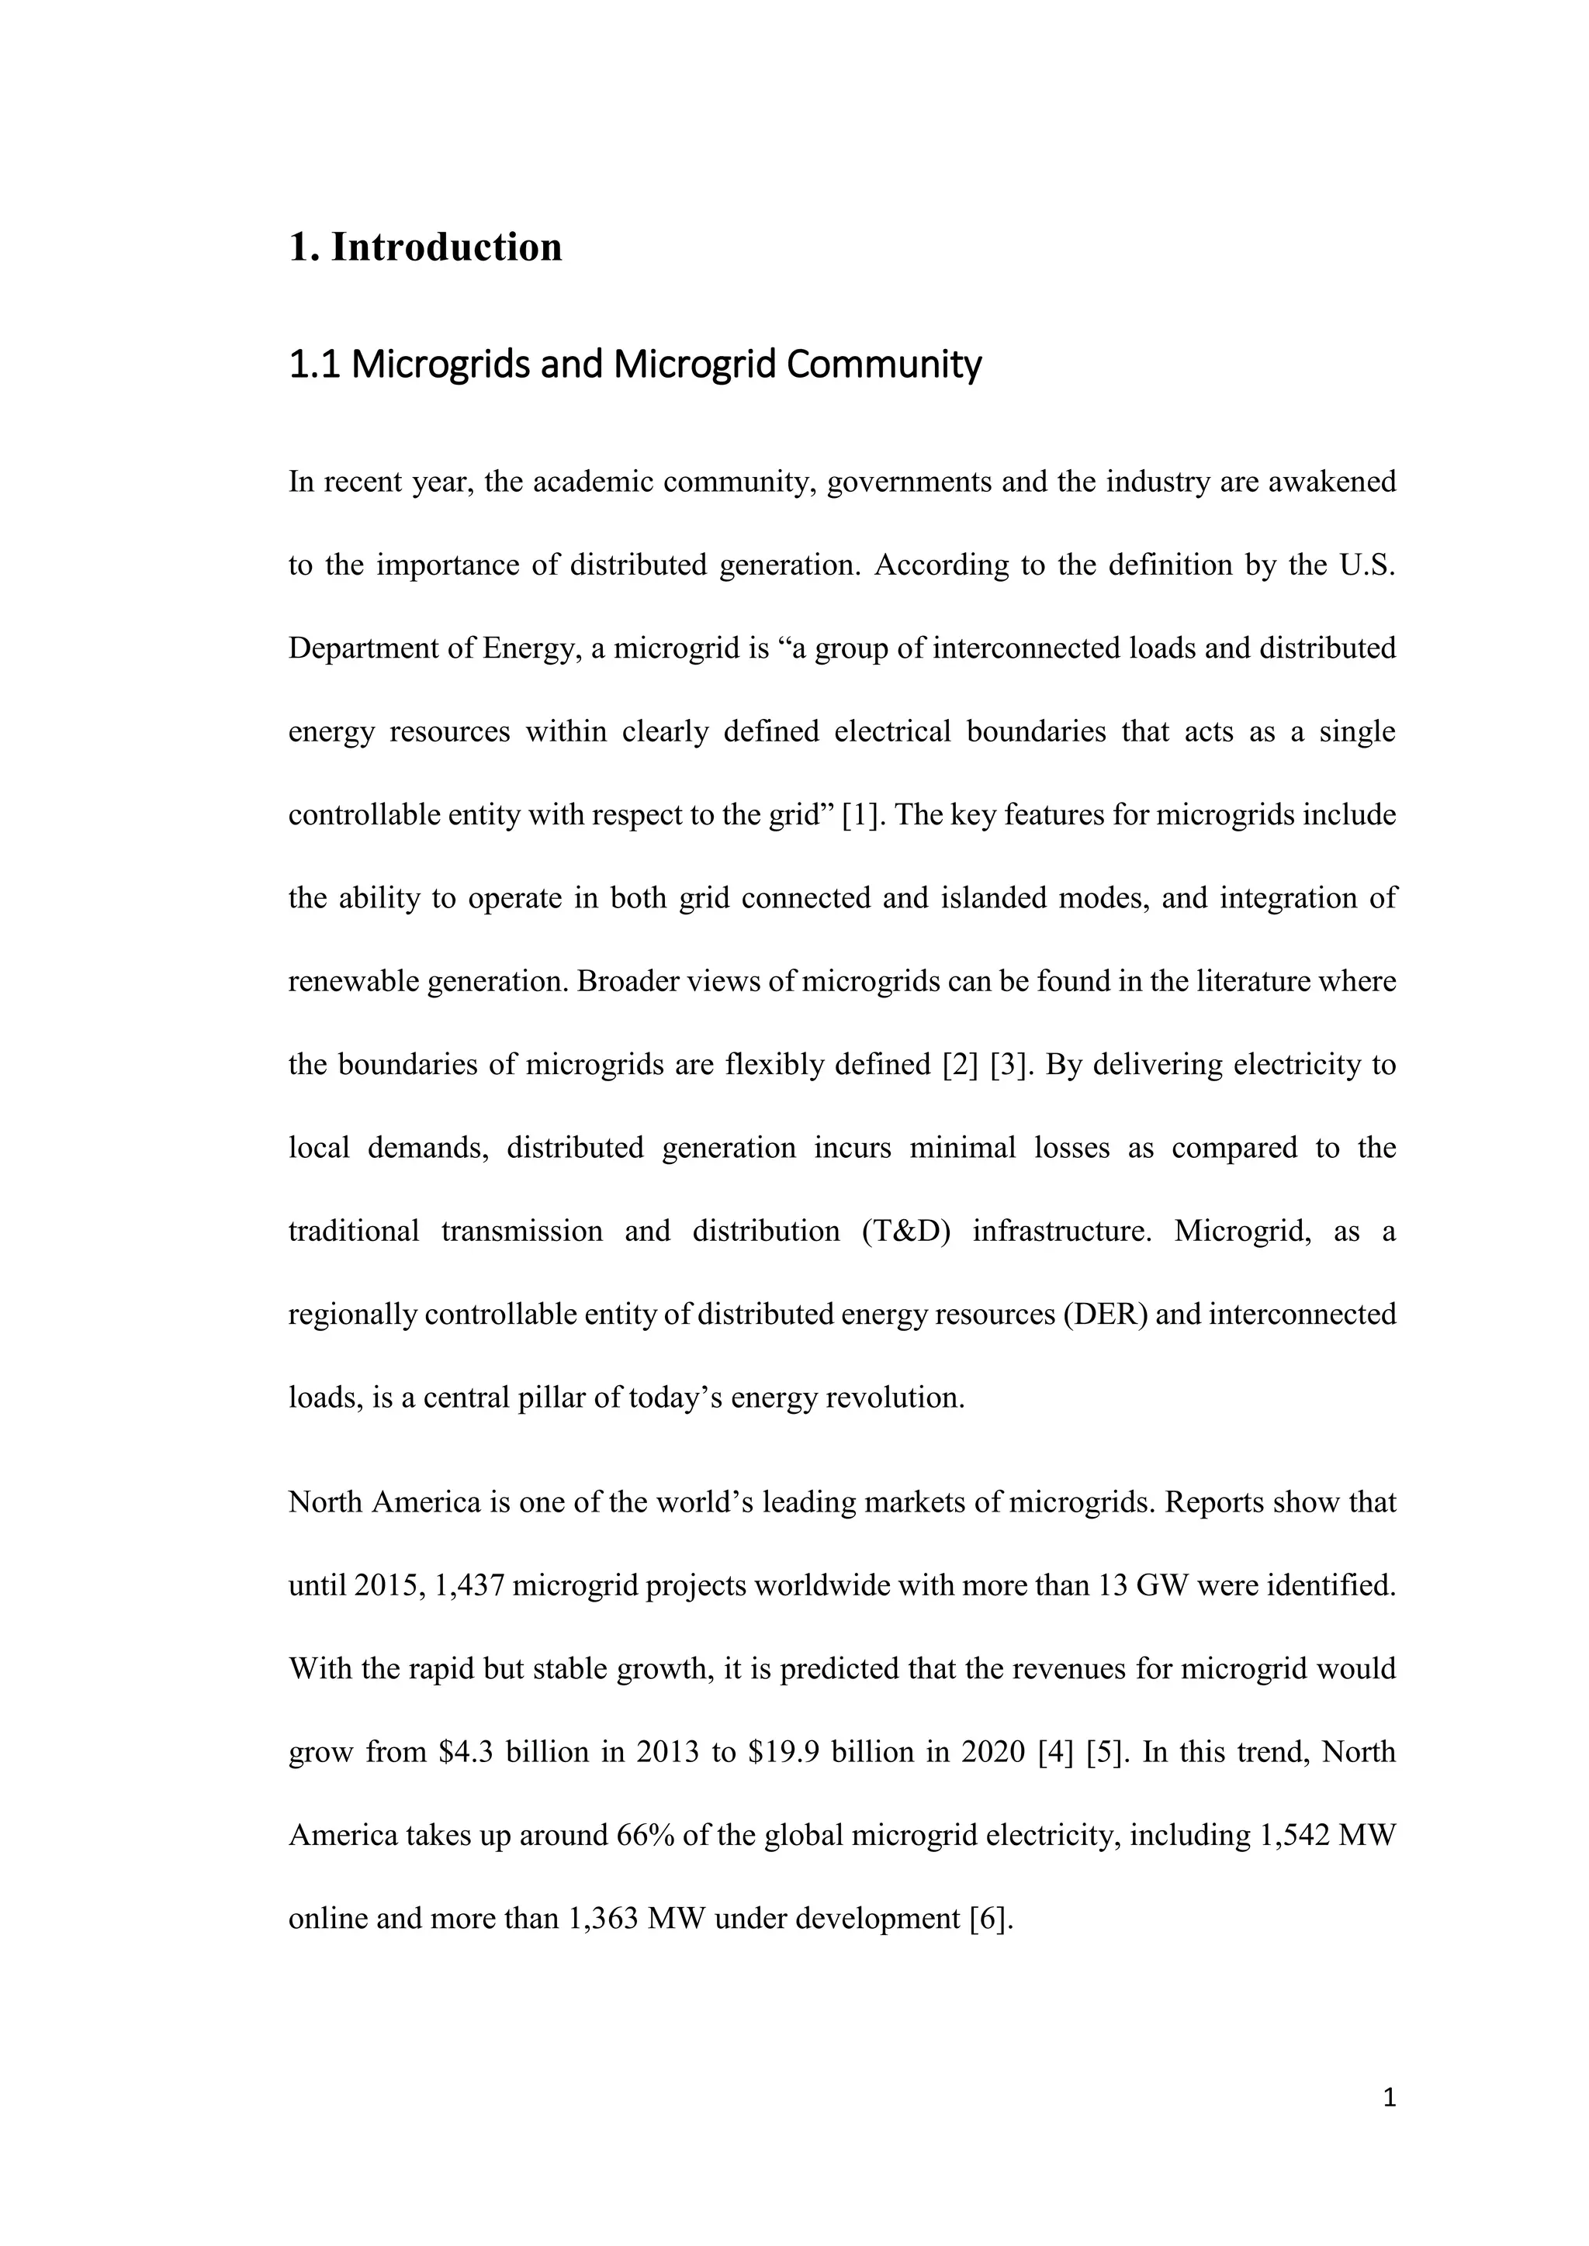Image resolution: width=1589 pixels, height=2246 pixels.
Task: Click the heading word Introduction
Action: tap(446, 247)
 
